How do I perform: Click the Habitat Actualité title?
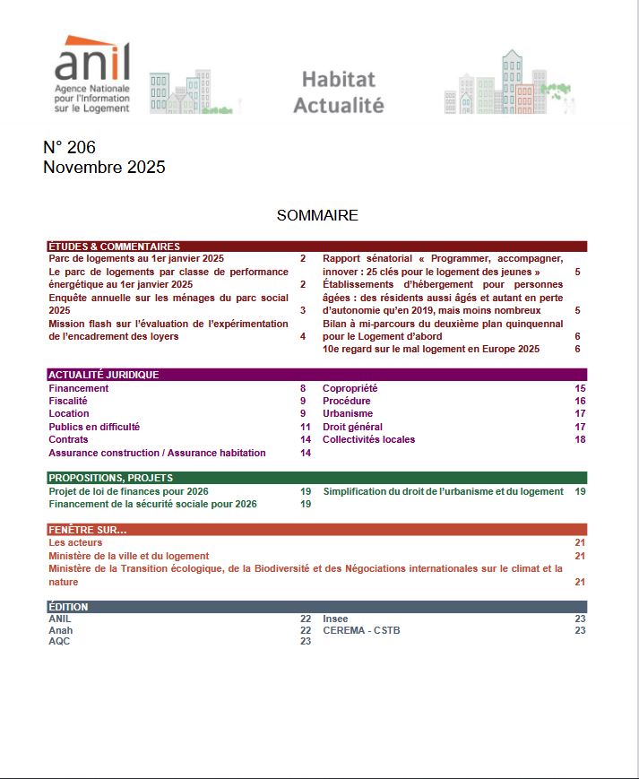click(x=338, y=92)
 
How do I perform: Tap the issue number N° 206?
click(x=69, y=147)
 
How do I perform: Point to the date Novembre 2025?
click(x=104, y=168)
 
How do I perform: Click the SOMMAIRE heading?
click(x=317, y=215)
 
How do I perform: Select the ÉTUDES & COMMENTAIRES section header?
click(x=114, y=247)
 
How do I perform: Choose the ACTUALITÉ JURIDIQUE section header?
click(x=103, y=375)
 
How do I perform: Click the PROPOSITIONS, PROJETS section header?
click(x=111, y=478)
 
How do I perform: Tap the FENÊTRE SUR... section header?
click(x=88, y=530)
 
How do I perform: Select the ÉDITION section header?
click(x=68, y=607)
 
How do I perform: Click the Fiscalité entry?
click(x=68, y=401)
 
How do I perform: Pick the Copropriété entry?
click(x=350, y=388)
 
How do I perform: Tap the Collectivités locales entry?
click(x=368, y=439)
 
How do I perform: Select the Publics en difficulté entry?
click(x=94, y=427)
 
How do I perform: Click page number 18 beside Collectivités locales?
click(x=580, y=439)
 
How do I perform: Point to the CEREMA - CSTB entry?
click(x=361, y=630)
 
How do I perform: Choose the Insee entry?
click(x=335, y=619)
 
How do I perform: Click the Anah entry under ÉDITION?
click(x=60, y=630)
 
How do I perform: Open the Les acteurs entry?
click(x=75, y=542)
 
